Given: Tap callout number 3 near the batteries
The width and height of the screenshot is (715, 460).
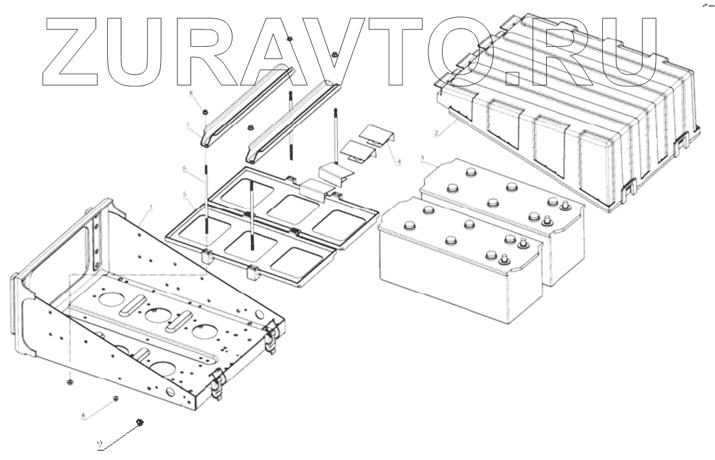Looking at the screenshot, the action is click(422, 159).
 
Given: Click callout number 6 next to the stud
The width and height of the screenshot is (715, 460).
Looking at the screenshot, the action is click(184, 167).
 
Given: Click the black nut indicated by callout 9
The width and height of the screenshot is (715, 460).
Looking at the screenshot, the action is click(140, 422).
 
